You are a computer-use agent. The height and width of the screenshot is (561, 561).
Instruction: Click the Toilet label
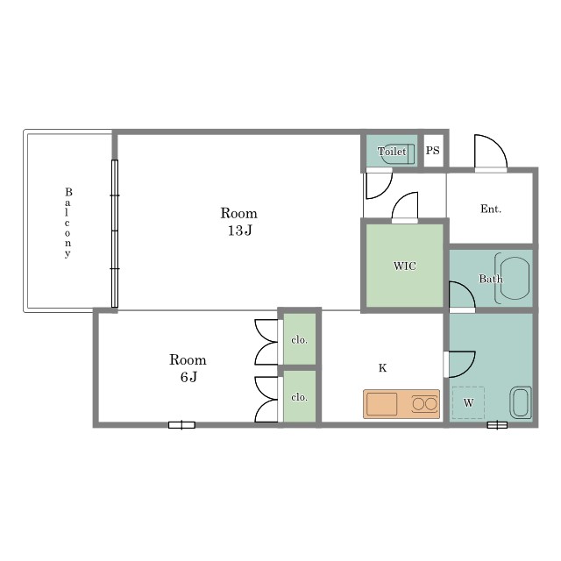(x=392, y=152)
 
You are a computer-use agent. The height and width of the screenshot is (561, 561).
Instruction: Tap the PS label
(x=432, y=150)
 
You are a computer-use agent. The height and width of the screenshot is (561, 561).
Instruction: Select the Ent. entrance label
(x=491, y=209)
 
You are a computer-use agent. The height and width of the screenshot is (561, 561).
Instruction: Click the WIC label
(x=405, y=266)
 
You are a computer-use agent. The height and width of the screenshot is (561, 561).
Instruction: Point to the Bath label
(x=491, y=279)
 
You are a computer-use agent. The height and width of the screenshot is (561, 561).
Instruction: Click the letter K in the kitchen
(x=382, y=368)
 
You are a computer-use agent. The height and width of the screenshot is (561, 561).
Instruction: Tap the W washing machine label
(x=468, y=403)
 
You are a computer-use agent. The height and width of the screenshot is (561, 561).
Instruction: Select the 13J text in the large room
(x=239, y=231)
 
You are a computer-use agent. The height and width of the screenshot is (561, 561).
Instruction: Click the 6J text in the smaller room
(x=188, y=377)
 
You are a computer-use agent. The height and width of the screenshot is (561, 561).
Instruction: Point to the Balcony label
(x=68, y=223)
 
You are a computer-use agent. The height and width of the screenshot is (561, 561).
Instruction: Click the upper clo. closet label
(x=299, y=340)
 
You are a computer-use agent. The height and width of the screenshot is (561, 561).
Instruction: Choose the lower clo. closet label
(x=299, y=397)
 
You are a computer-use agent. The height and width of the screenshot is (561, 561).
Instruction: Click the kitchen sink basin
(x=382, y=404)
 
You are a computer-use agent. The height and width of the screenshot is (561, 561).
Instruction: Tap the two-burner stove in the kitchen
(x=424, y=404)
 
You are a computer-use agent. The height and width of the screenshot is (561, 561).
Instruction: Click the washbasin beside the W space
(x=521, y=402)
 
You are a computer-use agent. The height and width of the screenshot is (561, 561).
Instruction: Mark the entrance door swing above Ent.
(x=491, y=152)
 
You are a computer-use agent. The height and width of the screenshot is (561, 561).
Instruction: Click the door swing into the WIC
(x=405, y=208)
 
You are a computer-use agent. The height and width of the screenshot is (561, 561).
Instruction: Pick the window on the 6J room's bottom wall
(x=181, y=425)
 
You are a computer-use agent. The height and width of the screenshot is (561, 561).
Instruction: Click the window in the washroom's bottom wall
(x=497, y=424)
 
